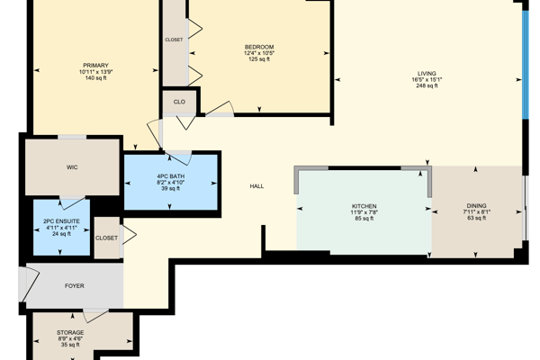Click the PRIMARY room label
coord(95,66)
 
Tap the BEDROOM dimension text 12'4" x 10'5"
coord(259,53)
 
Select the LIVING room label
coord(427,74)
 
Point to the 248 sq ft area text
coord(427,85)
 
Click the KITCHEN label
coord(364,206)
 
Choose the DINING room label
coord(477,206)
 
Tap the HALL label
coord(256,186)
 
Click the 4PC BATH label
coord(170,176)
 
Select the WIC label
coord(72,167)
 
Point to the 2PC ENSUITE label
coord(61,221)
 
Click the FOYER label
coord(75,286)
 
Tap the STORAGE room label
coord(70,332)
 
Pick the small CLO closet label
coord(179,102)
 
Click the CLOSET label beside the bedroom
coord(174,40)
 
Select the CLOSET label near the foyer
coord(106,238)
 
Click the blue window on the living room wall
coord(526,65)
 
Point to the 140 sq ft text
coord(95,78)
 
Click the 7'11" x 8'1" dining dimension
coord(477,211)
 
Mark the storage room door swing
coord(94,315)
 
